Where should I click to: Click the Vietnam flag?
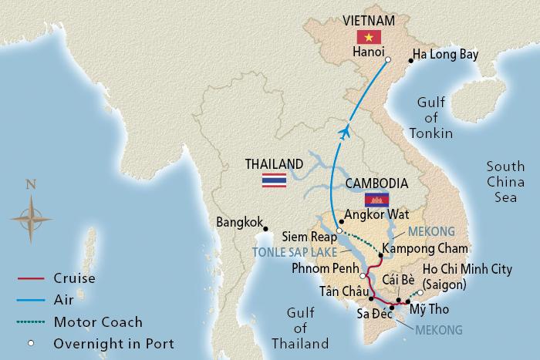point(363,38)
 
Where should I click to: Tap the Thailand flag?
point(274,180)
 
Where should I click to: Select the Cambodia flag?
point(377,200)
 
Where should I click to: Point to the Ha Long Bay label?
point(446,55)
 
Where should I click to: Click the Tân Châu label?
point(339,292)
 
